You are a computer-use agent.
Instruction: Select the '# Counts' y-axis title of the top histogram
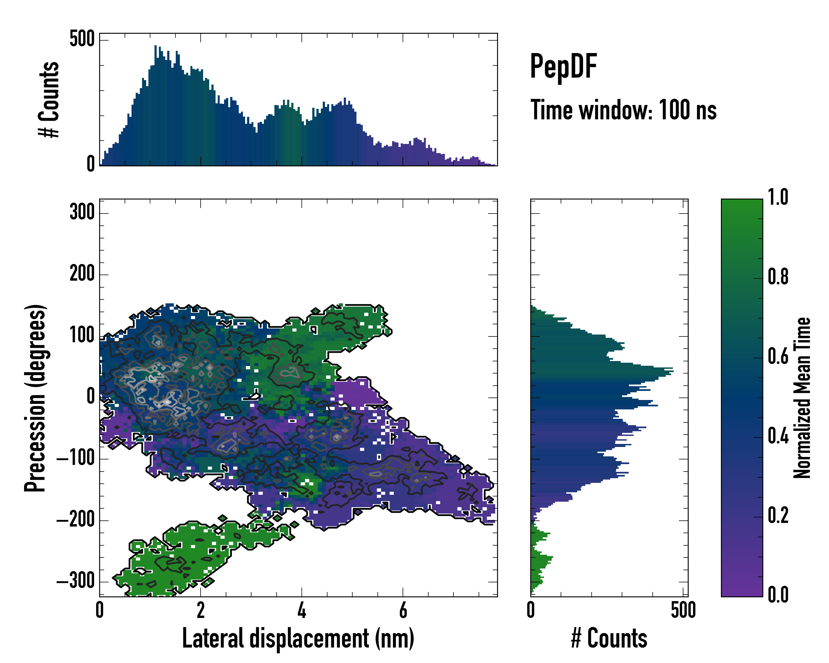(x=49, y=99)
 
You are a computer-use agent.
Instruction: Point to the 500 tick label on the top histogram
(x=82, y=39)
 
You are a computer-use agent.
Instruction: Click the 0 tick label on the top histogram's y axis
(x=91, y=164)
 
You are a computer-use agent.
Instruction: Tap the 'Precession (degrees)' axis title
(x=35, y=398)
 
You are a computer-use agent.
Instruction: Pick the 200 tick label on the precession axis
(x=82, y=274)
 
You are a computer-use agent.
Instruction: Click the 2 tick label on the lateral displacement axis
(x=201, y=610)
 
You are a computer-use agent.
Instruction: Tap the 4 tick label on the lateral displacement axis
(x=302, y=610)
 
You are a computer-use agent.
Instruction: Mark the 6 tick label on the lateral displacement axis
(x=403, y=610)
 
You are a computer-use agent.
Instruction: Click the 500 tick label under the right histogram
(x=683, y=610)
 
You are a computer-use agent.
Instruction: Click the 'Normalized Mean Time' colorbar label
(x=802, y=398)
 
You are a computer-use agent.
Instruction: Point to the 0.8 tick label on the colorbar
(x=778, y=277)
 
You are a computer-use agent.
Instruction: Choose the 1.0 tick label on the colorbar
(x=778, y=197)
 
